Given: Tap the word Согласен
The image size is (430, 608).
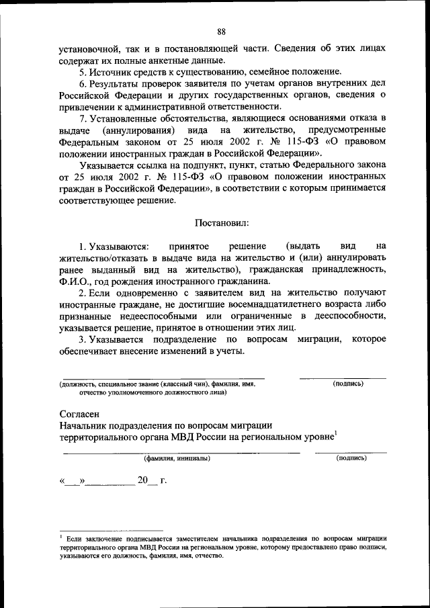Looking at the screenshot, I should (x=79, y=413).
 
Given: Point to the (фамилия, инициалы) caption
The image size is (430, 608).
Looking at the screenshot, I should (x=177, y=458).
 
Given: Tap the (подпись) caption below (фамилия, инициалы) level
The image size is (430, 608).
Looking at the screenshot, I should (x=351, y=458).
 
